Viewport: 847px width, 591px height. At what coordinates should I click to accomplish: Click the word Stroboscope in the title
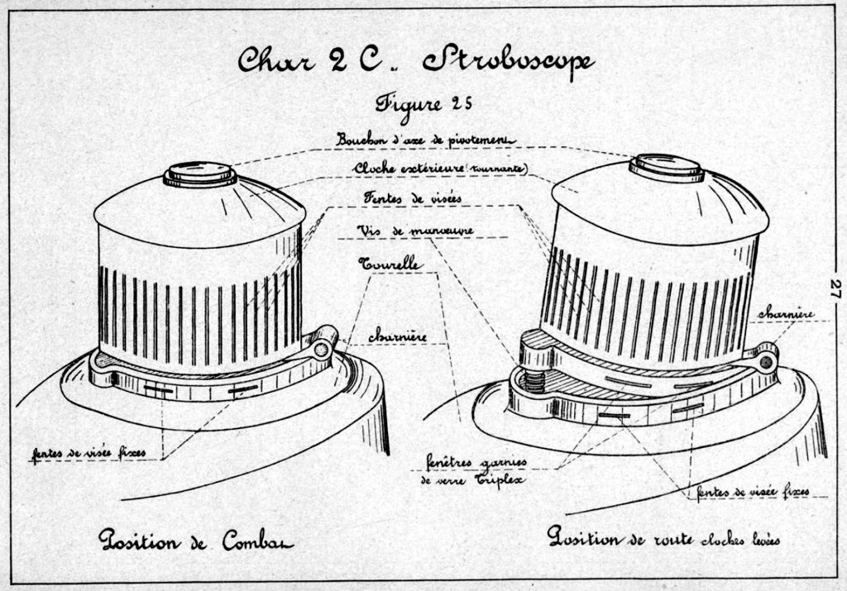(508, 60)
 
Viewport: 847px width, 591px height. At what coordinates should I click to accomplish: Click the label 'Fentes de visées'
(412, 198)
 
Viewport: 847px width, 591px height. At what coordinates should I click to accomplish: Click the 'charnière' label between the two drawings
(397, 336)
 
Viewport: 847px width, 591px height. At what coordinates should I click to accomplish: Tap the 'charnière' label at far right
(786, 313)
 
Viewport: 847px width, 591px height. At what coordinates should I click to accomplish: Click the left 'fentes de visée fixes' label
(89, 454)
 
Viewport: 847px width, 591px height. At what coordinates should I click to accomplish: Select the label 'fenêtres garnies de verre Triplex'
(476, 470)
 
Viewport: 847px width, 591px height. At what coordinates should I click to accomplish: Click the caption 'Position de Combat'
(195, 541)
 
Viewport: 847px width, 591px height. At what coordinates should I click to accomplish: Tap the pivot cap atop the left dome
(199, 174)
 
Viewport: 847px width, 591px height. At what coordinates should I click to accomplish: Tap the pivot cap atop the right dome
(667, 166)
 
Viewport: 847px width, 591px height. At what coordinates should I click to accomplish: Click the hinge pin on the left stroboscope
(322, 349)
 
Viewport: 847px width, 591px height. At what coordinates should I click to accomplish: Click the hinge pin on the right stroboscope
(766, 361)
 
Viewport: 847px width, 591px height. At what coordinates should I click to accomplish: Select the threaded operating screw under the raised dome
(534, 382)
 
